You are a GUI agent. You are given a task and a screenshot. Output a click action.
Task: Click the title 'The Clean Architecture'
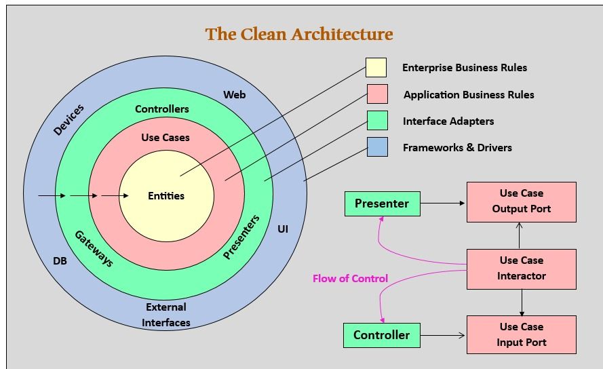tap(299, 34)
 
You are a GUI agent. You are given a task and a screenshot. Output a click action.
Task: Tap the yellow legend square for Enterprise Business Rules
tap(376, 67)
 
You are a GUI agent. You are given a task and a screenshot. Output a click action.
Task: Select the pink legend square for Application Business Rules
tap(376, 94)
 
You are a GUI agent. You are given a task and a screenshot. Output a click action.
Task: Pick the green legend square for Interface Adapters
tap(376, 121)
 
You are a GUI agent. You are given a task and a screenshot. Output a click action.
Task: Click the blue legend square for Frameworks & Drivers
tap(377, 147)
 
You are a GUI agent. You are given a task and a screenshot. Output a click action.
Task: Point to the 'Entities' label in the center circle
tap(166, 195)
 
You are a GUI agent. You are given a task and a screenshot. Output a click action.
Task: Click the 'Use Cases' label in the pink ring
tap(166, 137)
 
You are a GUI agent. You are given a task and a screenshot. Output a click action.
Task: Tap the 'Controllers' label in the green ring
tap(162, 109)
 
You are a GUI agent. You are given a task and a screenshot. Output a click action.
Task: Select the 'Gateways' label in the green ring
tap(94, 248)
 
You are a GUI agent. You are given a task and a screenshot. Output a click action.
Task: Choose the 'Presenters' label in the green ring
tap(241, 237)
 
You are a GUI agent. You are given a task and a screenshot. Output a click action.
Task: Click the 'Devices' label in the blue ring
tap(69, 119)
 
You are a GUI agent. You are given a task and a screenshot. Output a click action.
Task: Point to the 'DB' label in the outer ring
tap(60, 260)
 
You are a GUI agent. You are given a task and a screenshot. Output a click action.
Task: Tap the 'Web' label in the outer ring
tap(235, 94)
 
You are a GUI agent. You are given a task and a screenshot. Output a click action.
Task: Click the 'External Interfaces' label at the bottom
tap(166, 315)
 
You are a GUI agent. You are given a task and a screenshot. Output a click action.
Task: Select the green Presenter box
tap(382, 203)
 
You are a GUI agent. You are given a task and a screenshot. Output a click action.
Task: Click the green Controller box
tap(382, 335)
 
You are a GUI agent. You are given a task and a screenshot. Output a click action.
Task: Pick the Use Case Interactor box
tap(521, 269)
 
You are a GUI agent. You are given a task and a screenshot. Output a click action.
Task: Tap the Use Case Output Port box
tap(521, 201)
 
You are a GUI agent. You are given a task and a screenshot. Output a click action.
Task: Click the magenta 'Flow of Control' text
tap(350, 278)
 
